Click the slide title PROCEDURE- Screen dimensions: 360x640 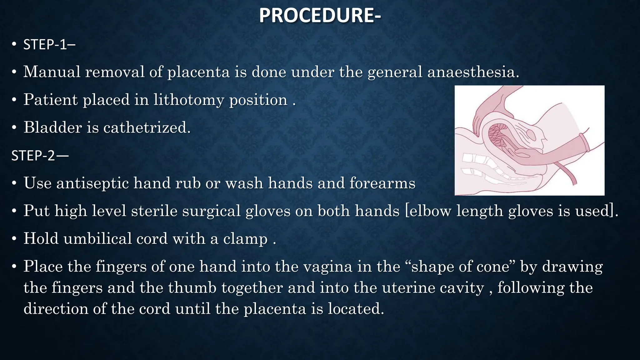[320, 16]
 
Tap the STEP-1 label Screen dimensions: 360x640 [49, 45]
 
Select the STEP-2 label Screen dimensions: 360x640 [40, 155]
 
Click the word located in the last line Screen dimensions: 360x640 [355, 309]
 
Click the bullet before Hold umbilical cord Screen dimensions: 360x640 [14, 239]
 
